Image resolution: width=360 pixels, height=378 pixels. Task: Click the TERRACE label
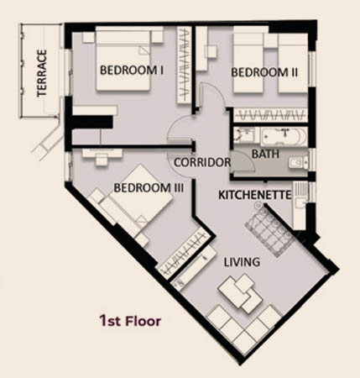click(41, 73)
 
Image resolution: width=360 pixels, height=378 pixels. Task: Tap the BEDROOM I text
click(132, 70)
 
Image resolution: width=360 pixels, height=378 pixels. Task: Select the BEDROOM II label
click(264, 72)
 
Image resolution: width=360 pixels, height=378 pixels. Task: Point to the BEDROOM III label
click(149, 188)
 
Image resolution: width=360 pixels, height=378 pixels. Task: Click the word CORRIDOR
click(202, 162)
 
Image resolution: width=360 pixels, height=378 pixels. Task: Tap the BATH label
click(265, 154)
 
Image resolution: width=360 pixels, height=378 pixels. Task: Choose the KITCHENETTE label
click(255, 195)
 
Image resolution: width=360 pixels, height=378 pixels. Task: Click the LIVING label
click(242, 262)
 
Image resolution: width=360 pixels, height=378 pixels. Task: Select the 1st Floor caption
click(130, 321)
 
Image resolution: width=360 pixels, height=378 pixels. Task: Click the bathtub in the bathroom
click(284, 136)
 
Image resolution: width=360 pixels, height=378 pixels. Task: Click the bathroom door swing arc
click(246, 160)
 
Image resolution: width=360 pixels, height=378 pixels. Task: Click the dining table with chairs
click(270, 230)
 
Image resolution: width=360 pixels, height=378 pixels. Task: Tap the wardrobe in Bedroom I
click(184, 65)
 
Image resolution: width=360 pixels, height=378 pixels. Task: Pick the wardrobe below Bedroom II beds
click(270, 115)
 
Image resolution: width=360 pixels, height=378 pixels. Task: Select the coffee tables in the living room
click(240, 294)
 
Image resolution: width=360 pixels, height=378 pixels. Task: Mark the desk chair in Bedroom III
click(102, 160)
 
